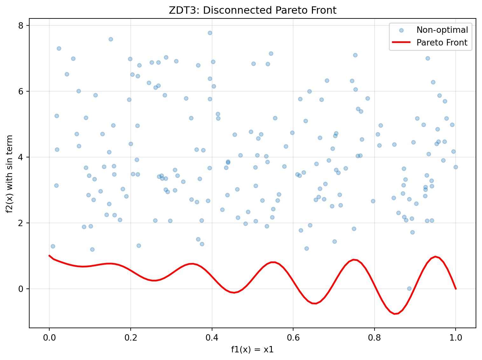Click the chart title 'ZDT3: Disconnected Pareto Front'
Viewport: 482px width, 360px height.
point(252,10)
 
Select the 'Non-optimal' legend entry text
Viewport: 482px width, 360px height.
point(442,30)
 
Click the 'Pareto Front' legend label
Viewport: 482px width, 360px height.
point(442,43)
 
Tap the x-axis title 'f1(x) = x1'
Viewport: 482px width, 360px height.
point(252,350)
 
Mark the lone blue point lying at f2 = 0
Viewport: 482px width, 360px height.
point(409,288)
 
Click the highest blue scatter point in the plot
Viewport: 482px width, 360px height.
point(210,33)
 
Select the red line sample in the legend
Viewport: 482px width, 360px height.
point(401,43)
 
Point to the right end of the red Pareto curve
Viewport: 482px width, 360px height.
point(456,288)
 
